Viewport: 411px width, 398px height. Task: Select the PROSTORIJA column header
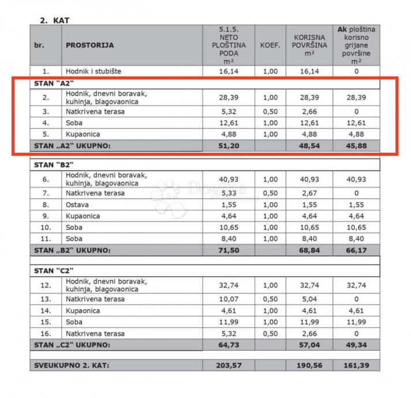click(89, 45)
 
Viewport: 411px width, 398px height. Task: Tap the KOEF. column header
click(270, 45)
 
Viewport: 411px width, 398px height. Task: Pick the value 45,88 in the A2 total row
click(356, 146)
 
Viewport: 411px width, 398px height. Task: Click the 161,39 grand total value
click(356, 366)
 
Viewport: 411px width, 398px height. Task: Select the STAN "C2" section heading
click(53, 271)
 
